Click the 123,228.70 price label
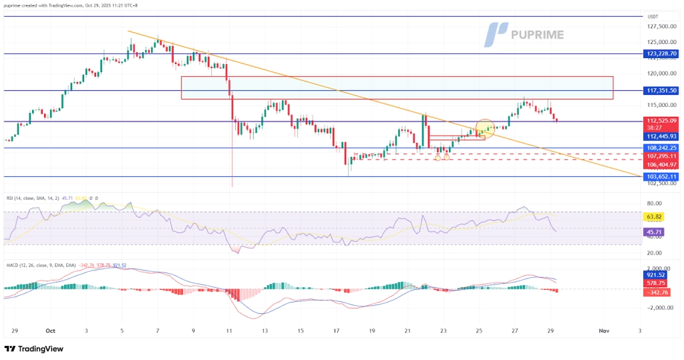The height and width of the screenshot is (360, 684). [662, 53]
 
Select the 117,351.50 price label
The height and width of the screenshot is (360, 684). [662, 90]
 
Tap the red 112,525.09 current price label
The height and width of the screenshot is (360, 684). [662, 121]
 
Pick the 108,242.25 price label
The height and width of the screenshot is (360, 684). [662, 148]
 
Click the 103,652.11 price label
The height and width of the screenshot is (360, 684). [662, 176]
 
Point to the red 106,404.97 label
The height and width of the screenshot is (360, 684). [662, 164]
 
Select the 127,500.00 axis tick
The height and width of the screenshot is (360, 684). [662, 27]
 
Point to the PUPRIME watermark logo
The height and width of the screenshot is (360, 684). [524, 34]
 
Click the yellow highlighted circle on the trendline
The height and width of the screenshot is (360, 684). [484, 130]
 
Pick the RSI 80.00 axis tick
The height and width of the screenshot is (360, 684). [655, 203]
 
